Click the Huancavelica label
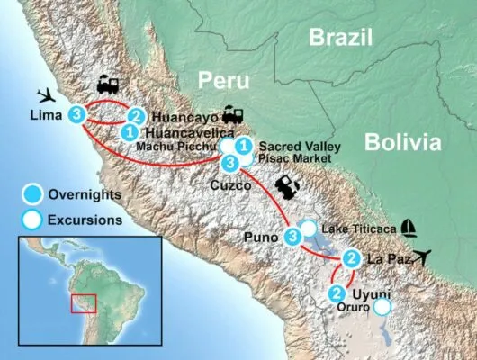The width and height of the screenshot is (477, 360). (x=187, y=131)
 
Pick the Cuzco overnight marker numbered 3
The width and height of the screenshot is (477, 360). (x=230, y=162)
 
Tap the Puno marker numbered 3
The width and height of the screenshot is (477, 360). (x=292, y=237)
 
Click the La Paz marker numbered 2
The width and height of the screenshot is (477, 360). (x=352, y=260)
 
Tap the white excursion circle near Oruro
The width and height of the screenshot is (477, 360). (x=382, y=307)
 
